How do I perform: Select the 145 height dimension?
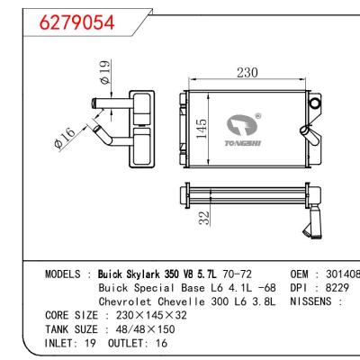[203, 134]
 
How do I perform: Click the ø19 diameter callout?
[104, 72]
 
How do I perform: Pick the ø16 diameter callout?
[85, 139]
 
